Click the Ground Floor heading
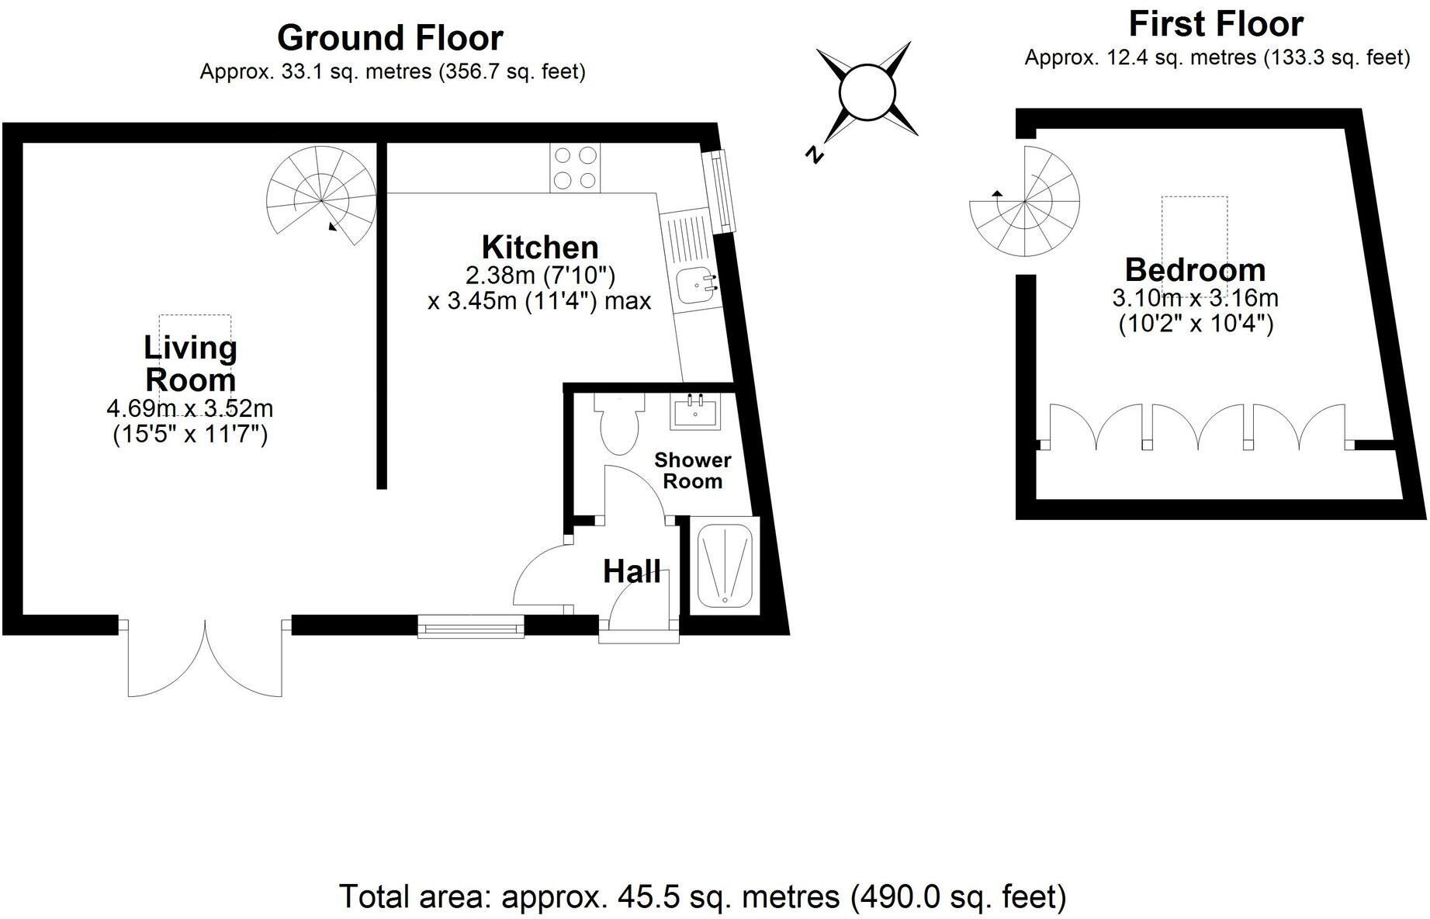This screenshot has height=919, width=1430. pyautogui.click(x=390, y=37)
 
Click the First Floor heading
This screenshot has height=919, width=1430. pyautogui.click(x=1215, y=24)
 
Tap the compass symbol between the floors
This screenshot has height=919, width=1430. pyautogui.click(x=867, y=92)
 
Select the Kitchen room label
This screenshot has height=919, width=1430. pyautogui.click(x=540, y=248)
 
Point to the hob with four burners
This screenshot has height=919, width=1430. pyautogui.click(x=575, y=168)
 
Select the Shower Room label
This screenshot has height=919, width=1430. pyautogui.click(x=692, y=470)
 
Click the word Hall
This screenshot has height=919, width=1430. pyautogui.click(x=632, y=572)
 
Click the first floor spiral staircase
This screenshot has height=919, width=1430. pyautogui.click(x=1024, y=203)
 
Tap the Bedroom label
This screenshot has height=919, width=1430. pyautogui.click(x=1195, y=270)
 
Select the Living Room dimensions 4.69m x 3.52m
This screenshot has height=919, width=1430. pyautogui.click(x=190, y=408)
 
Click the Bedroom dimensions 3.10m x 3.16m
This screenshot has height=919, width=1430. pyautogui.click(x=1195, y=298)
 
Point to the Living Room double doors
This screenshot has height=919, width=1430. pyautogui.click(x=206, y=656)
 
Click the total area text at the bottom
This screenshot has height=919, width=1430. pyautogui.click(x=703, y=896)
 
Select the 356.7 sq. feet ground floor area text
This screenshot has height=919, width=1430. pyautogui.click(x=513, y=72)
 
